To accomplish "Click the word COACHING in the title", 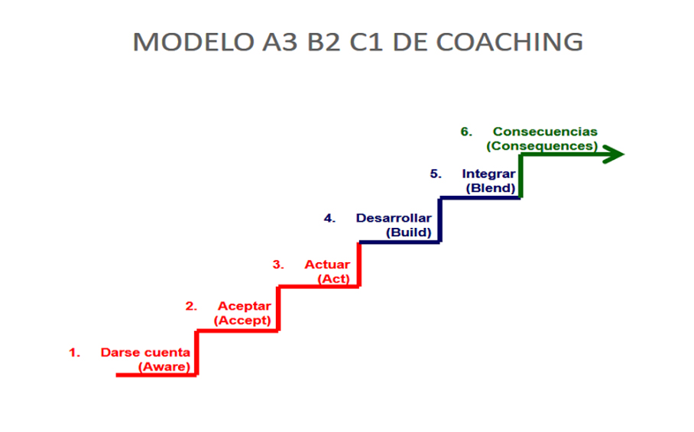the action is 509,42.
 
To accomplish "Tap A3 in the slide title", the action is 280,42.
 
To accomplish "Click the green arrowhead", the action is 614,154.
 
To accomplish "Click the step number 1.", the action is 74,352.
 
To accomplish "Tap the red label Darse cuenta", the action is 145,352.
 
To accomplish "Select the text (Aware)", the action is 164,367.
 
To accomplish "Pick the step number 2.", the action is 191,307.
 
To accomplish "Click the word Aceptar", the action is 245,306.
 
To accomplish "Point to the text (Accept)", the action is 242,320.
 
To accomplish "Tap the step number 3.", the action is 278,265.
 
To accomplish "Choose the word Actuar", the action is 327,265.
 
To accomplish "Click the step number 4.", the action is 329,218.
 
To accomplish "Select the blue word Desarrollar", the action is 394,218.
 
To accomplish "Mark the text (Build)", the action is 408,232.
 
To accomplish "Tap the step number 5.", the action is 436,174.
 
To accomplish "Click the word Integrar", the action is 488,174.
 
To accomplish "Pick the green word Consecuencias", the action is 545,132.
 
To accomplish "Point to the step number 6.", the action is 466,132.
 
